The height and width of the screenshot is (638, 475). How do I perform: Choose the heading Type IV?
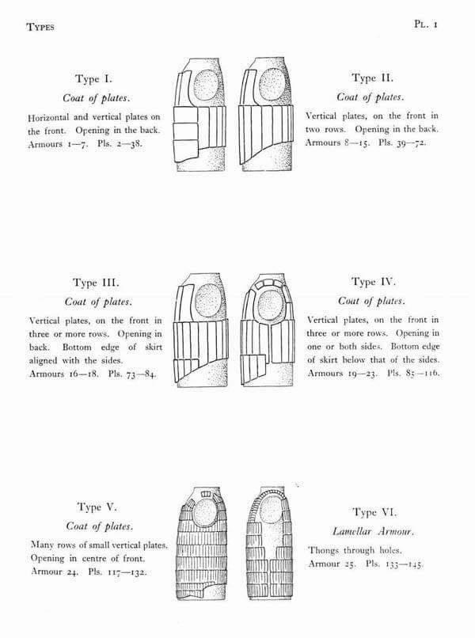372,281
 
